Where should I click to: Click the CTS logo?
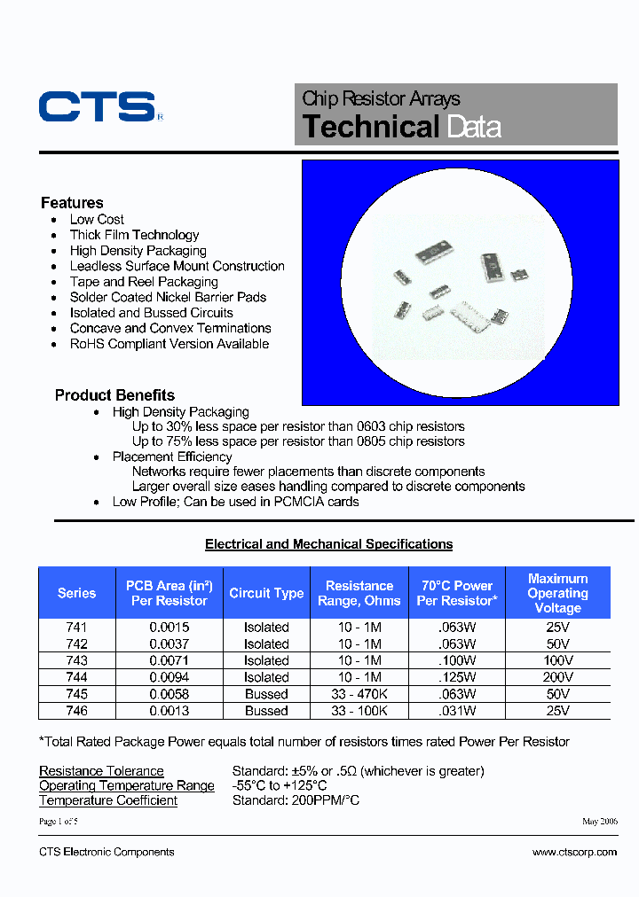click(98, 106)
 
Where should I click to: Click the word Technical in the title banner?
click(371, 127)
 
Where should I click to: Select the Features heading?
click(72, 203)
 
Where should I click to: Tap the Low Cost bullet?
click(97, 220)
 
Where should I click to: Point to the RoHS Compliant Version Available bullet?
click(170, 344)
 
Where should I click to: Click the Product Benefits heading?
click(114, 395)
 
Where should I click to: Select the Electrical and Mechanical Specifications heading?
click(328, 544)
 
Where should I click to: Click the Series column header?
click(76, 594)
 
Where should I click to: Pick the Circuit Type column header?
click(266, 594)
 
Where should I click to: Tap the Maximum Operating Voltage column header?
click(557, 593)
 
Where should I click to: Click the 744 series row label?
click(76, 677)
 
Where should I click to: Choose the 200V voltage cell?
click(557, 677)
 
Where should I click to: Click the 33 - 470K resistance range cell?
click(359, 694)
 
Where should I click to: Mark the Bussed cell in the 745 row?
click(266, 694)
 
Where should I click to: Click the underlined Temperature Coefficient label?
click(108, 800)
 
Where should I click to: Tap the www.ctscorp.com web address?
click(574, 852)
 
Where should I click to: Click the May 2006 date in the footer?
click(600, 822)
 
